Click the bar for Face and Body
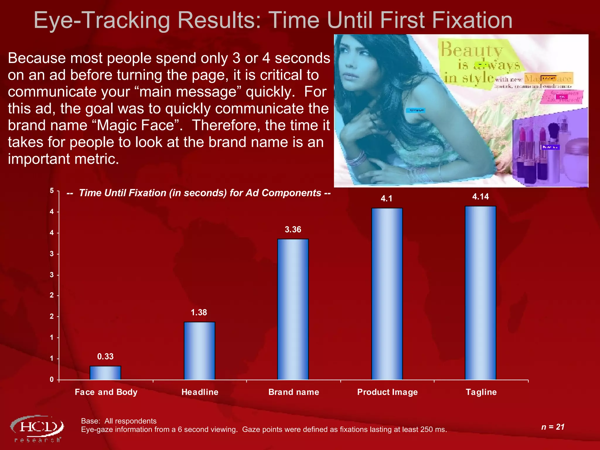coord(105,373)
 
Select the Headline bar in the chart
coord(199,351)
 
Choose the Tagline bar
coord(480,293)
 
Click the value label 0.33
coord(105,356)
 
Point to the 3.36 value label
coord(293,229)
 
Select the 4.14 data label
coord(480,197)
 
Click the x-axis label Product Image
coord(387,392)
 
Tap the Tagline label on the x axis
coord(481,392)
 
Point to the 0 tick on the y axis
coord(52,379)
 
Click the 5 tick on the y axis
coord(52,191)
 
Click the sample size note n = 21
coord(553,427)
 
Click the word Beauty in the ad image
coord(471,50)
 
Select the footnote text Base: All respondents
coord(119,421)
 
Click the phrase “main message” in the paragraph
coord(187,92)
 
